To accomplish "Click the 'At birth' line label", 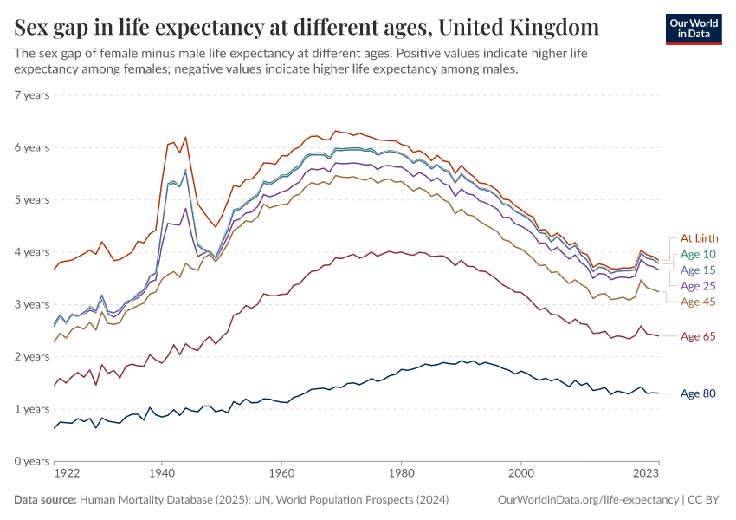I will pyautogui.click(x=699, y=238).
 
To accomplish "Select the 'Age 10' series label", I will pyautogui.click(x=699, y=254).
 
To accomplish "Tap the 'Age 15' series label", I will pyautogui.click(x=699, y=270).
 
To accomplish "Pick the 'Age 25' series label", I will pyautogui.click(x=699, y=285).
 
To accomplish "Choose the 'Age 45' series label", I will pyautogui.click(x=699, y=302).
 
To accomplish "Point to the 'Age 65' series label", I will pyautogui.click(x=699, y=336).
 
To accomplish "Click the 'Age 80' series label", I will pyautogui.click(x=699, y=393).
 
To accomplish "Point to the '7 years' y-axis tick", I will pyautogui.click(x=31, y=95).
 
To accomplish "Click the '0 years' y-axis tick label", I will pyautogui.click(x=31, y=461).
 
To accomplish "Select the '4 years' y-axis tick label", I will pyautogui.click(x=31, y=252).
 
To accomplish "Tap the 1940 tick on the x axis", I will pyautogui.click(x=160, y=474).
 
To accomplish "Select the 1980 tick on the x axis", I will pyautogui.click(x=400, y=474).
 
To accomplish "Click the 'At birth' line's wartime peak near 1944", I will pyautogui.click(x=185, y=137).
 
